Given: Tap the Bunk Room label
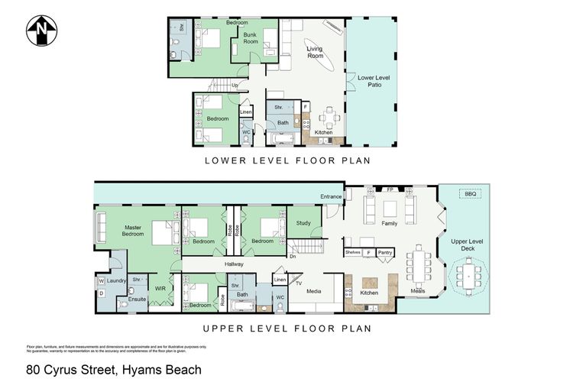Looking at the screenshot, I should click(x=251, y=38).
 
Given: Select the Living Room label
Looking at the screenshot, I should click(x=316, y=52).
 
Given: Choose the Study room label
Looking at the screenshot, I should click(x=304, y=223).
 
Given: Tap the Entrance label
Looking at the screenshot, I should click(x=331, y=196).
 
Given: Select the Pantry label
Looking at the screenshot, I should click(x=385, y=251).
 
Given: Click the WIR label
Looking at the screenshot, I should click(x=160, y=289).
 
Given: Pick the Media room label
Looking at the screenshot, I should click(x=312, y=291).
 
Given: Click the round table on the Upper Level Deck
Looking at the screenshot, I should click(x=468, y=276).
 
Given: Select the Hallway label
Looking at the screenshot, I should click(x=234, y=264).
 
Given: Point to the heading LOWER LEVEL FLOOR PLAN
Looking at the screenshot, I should click(x=286, y=161).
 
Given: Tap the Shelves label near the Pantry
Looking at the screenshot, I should click(x=352, y=251).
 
